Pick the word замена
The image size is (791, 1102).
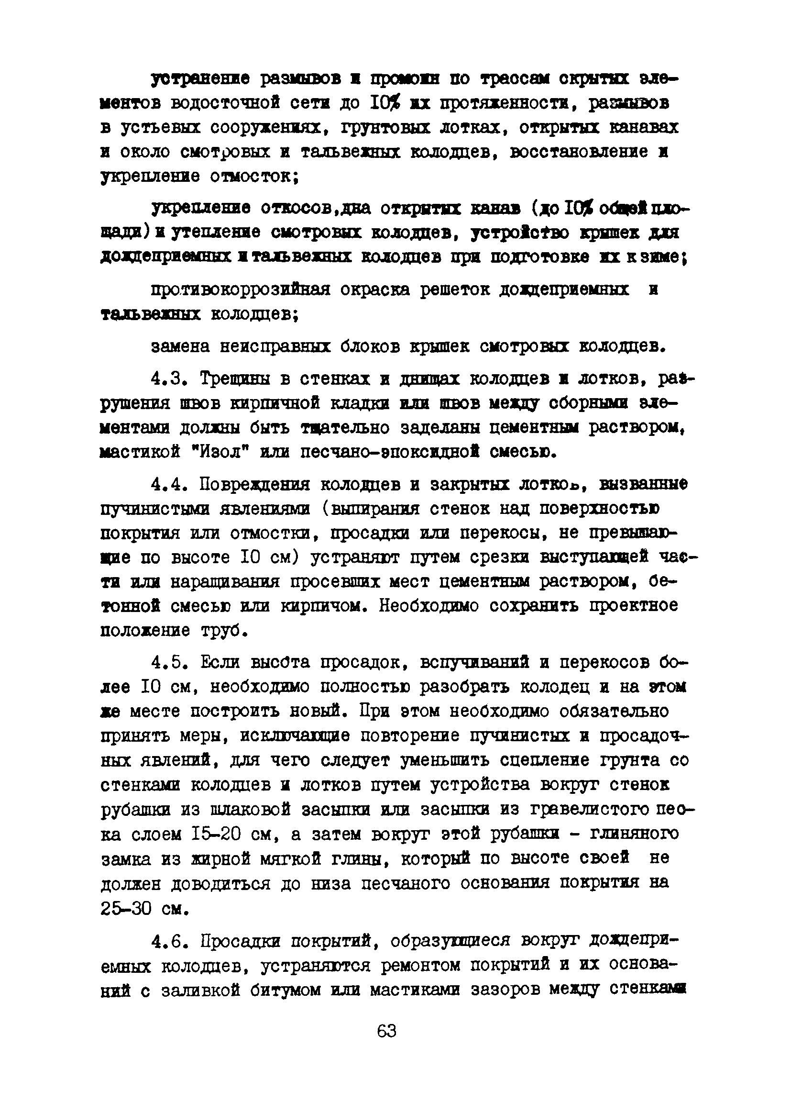pos(180,347)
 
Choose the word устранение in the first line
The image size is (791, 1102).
pos(200,78)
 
